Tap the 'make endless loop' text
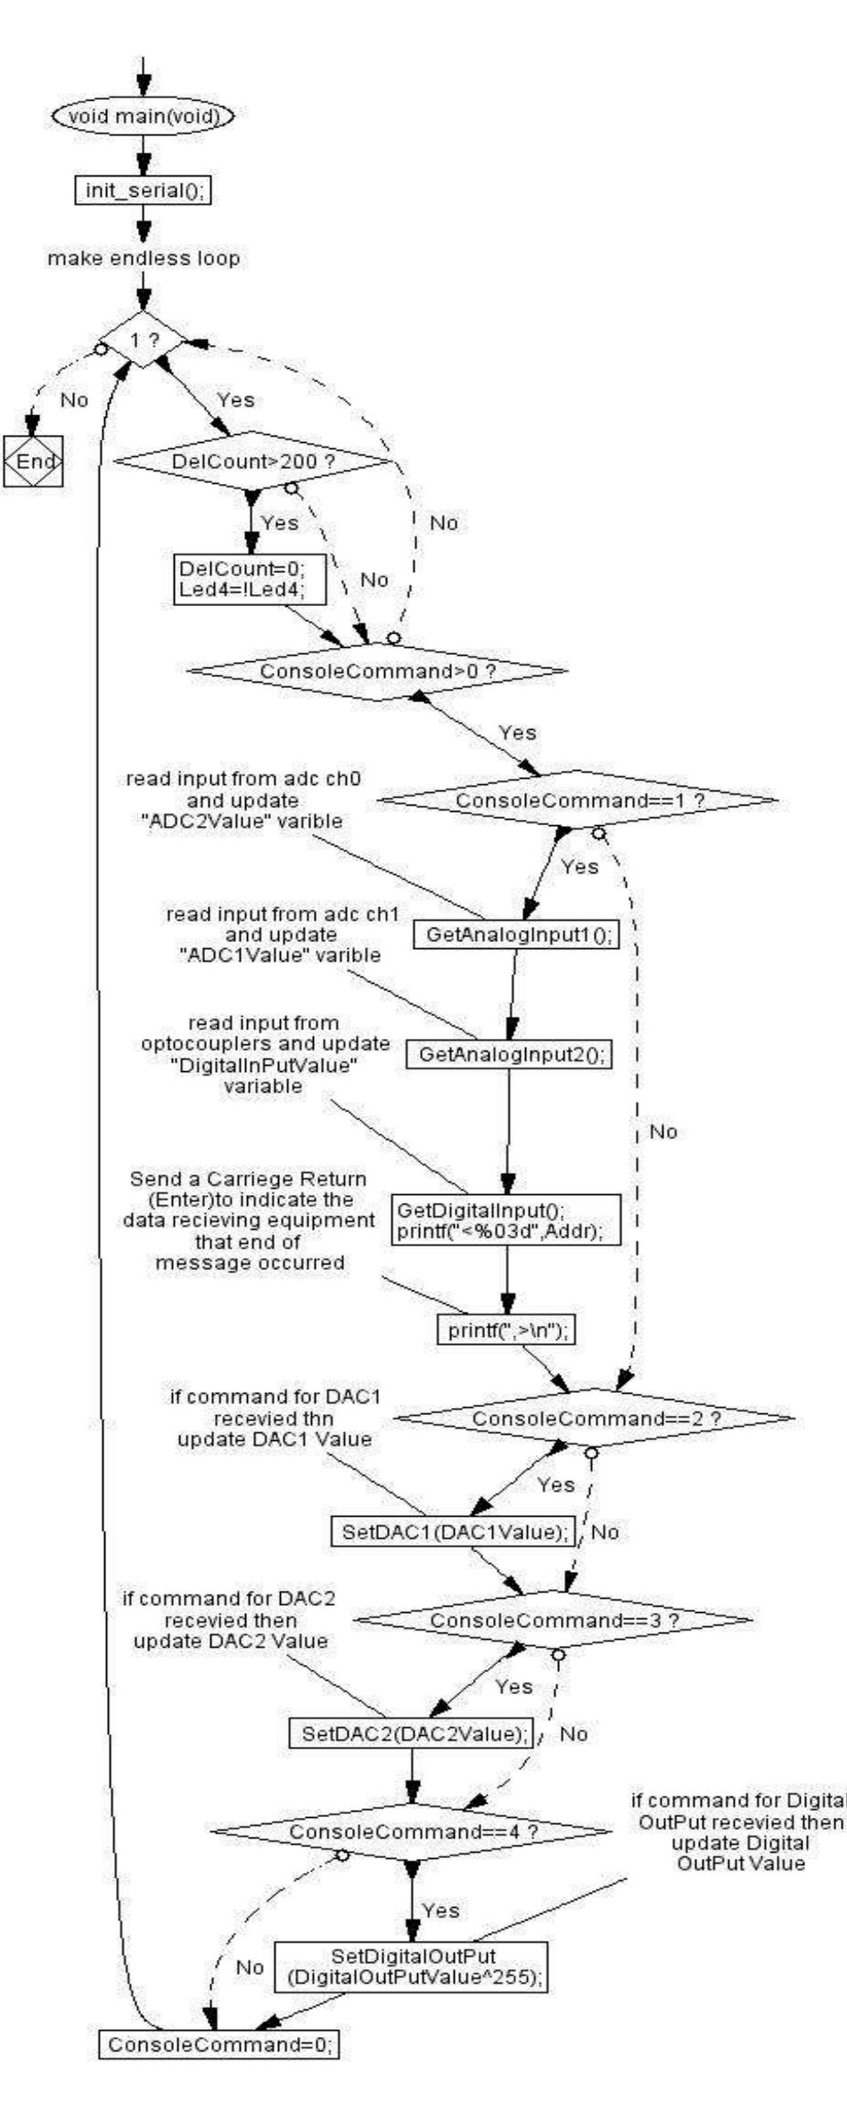(x=143, y=258)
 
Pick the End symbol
(x=33, y=461)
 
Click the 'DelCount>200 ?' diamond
(x=252, y=461)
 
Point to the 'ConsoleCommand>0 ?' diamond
(x=377, y=669)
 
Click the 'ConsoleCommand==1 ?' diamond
(x=578, y=800)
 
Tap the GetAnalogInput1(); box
(x=517, y=935)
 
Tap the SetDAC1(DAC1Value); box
(x=454, y=1532)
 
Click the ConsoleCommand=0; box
(x=218, y=2019)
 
